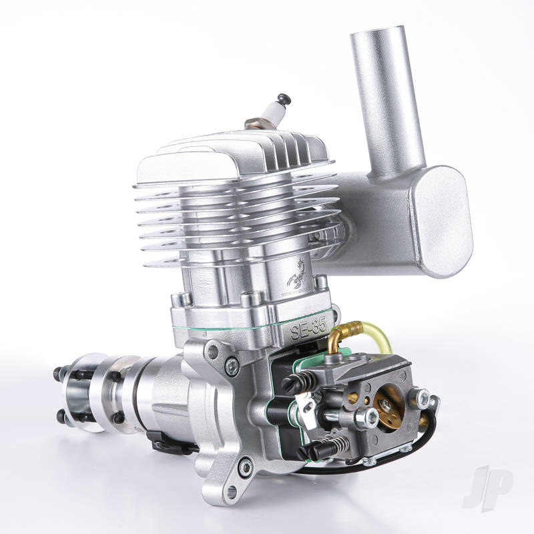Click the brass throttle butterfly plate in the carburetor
(x=388, y=405)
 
